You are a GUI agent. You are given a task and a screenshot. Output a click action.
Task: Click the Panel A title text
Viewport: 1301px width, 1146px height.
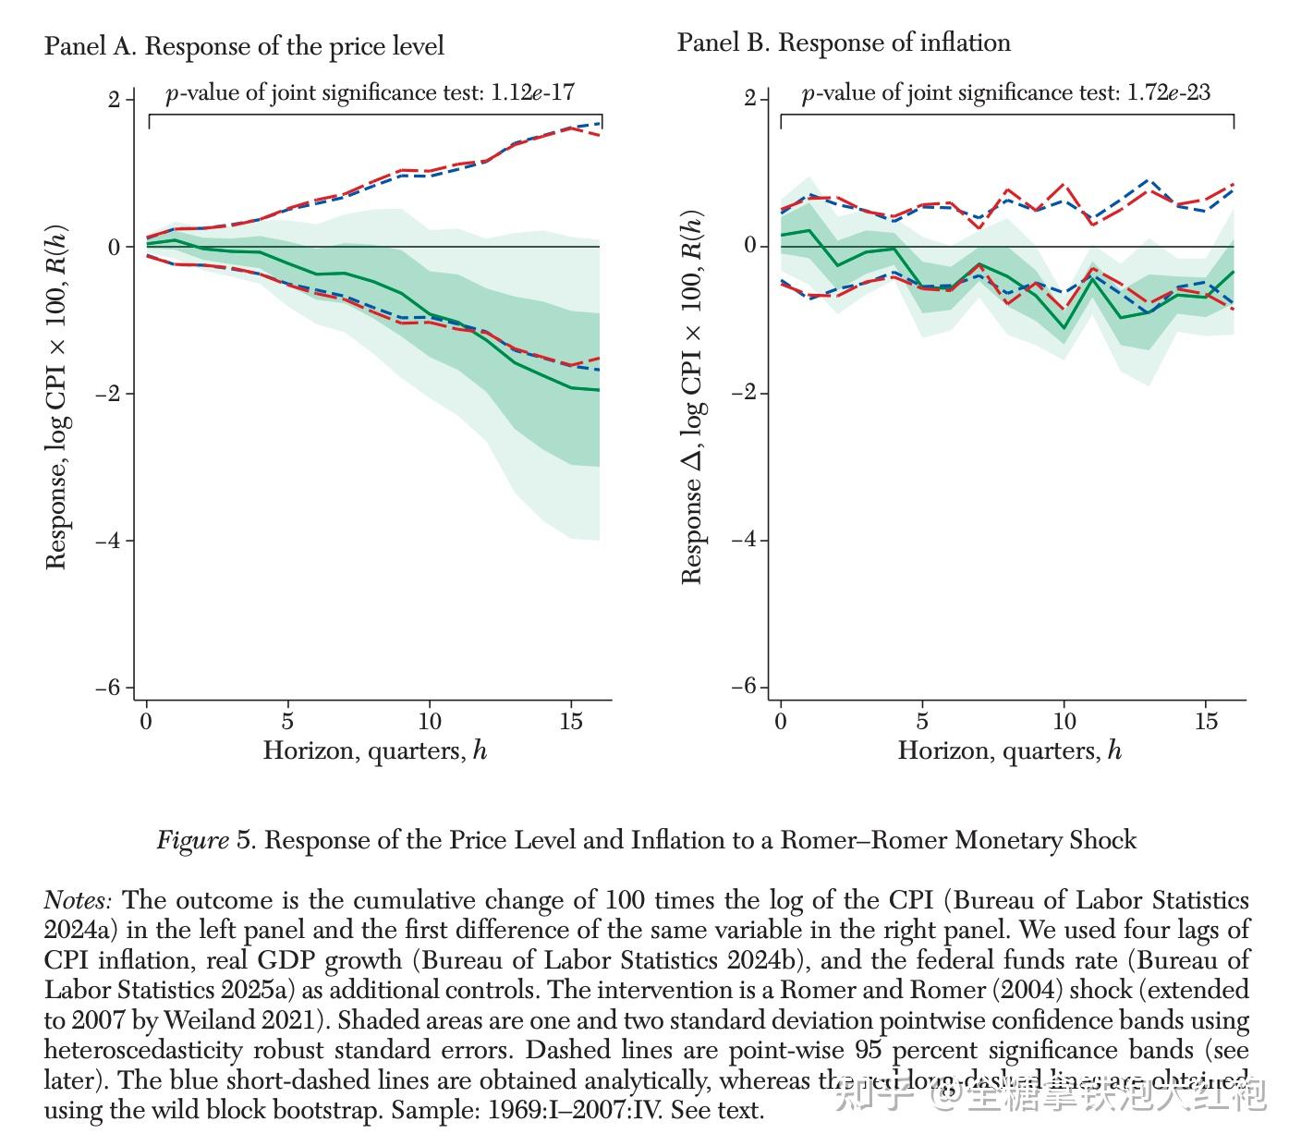(x=244, y=46)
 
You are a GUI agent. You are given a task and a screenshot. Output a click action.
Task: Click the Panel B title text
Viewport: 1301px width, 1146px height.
(x=844, y=43)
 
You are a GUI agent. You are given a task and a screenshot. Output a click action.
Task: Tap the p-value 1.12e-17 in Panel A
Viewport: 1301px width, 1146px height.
(x=533, y=92)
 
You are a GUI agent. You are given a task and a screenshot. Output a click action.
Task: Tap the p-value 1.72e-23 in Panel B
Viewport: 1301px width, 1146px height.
(x=1169, y=92)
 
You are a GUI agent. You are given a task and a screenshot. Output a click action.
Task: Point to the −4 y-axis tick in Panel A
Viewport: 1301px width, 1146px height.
(x=107, y=541)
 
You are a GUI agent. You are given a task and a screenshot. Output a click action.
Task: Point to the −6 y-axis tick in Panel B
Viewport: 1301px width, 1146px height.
(x=743, y=687)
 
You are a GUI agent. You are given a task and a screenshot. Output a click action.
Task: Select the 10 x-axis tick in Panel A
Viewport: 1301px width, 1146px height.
(x=430, y=721)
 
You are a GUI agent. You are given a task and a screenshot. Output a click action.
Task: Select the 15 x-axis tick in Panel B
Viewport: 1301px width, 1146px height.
(x=1206, y=721)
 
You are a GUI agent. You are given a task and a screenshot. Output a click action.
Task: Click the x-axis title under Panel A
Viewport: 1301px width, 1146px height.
(x=374, y=750)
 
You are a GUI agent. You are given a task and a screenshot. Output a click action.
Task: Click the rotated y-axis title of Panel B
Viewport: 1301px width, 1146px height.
(x=692, y=397)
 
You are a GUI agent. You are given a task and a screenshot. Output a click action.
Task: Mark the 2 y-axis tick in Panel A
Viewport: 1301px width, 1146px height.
(x=114, y=99)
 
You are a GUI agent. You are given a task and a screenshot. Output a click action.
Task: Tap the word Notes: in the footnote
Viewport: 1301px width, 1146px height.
(x=79, y=900)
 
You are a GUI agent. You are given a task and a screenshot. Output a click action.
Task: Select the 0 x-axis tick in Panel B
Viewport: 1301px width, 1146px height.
(x=781, y=721)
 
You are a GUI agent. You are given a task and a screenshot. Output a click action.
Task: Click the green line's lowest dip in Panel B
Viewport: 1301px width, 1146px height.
(x=1064, y=328)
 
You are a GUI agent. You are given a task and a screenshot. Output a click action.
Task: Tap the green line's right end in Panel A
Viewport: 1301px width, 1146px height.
(x=600, y=390)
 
